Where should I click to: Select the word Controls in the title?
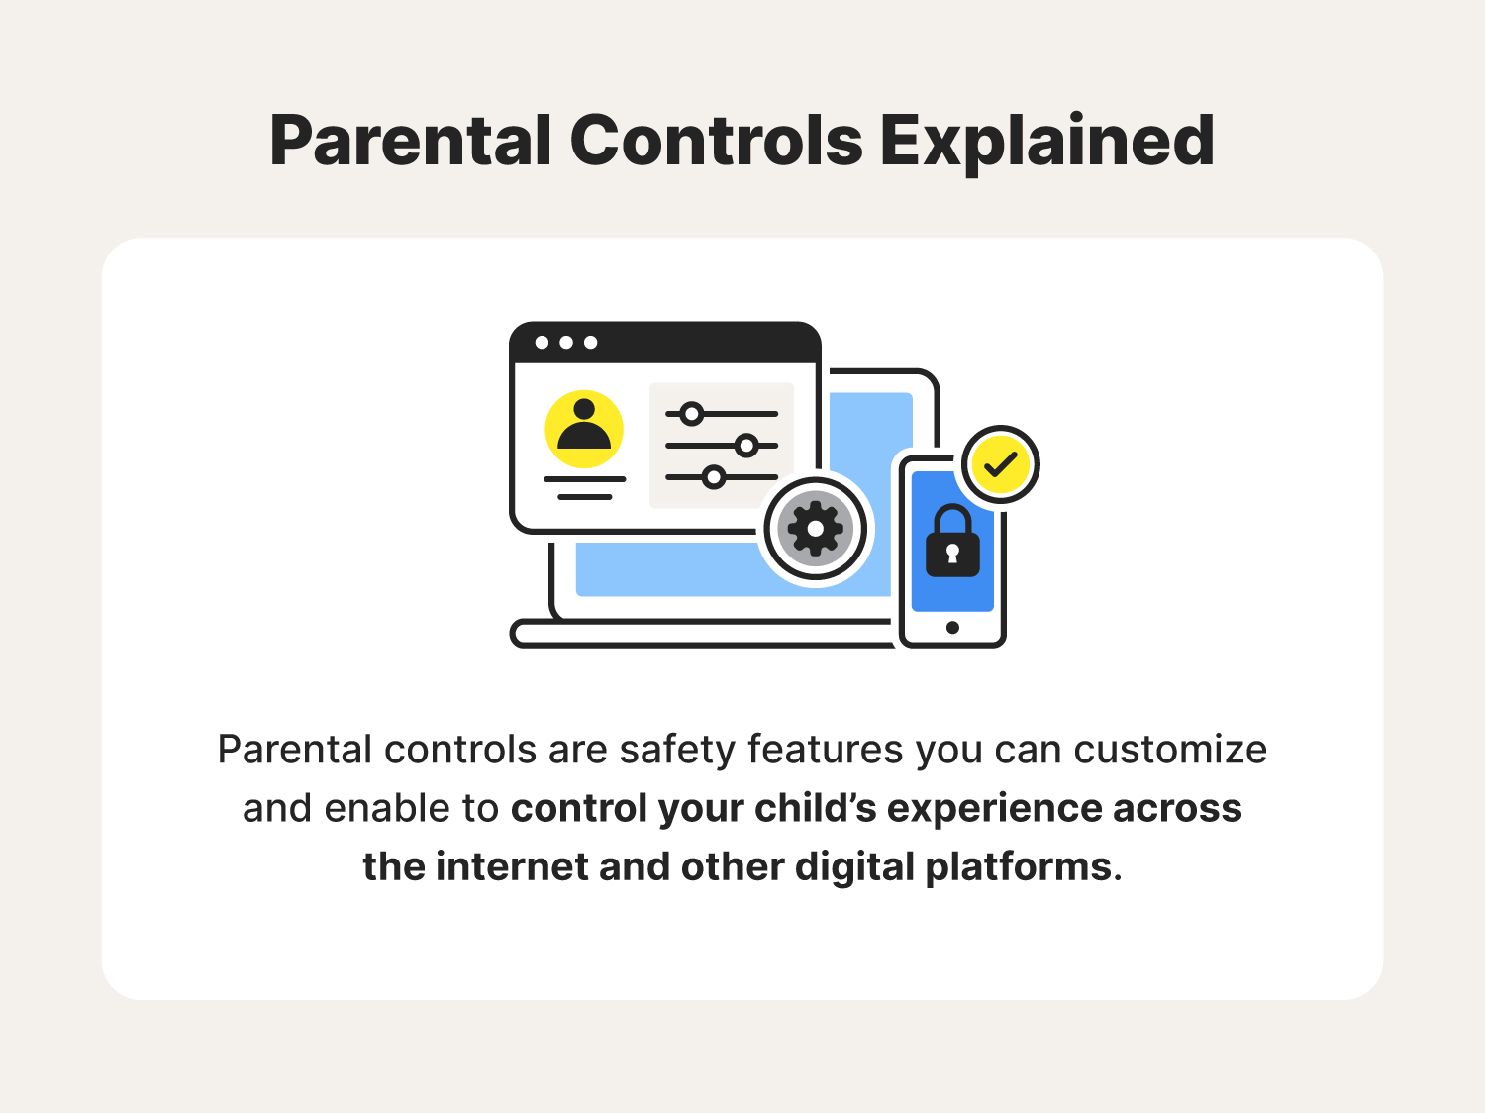[716, 141]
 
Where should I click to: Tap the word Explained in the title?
[1046, 141]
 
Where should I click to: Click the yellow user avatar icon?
[584, 429]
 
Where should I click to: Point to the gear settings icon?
[815, 529]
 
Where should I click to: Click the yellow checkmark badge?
[1001, 464]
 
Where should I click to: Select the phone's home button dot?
[952, 627]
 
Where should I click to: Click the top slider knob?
[692, 414]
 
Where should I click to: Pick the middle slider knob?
[747, 446]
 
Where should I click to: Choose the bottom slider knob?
[714, 477]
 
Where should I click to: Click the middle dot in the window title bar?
[566, 343]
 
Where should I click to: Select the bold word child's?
[816, 808]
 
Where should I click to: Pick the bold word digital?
[854, 866]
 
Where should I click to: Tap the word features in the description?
[825, 750]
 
